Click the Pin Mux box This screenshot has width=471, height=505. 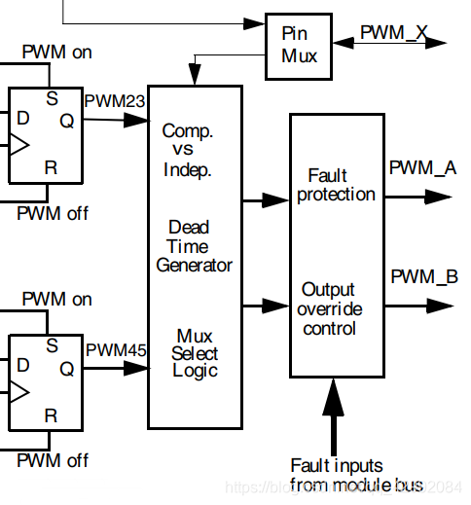(300, 45)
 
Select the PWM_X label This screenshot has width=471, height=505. (394, 32)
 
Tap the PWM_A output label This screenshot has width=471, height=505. (423, 167)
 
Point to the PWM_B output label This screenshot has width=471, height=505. (423, 277)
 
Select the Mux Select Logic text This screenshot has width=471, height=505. (195, 353)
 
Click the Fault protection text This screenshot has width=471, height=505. (336, 185)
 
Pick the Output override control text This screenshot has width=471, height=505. (329, 308)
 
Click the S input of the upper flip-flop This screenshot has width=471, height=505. (53, 97)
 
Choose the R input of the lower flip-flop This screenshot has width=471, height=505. (52, 415)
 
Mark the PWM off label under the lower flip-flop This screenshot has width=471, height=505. (55, 458)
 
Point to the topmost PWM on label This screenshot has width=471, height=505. (57, 53)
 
